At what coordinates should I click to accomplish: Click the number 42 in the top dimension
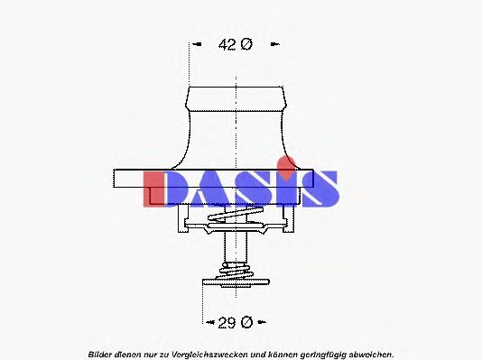pos(228,44)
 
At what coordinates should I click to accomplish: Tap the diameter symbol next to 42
pos(246,44)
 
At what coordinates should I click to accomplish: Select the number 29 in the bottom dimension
pos(227,321)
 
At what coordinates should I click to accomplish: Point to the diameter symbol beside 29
pos(247,321)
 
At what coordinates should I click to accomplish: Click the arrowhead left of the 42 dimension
pos(193,44)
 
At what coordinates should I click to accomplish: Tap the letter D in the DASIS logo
pos(165,189)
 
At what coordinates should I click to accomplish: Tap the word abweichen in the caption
pos(366,354)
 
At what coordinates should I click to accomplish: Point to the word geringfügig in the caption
pos(314,354)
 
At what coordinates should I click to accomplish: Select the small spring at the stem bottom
pos(236,273)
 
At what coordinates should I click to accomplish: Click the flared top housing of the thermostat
pos(236,126)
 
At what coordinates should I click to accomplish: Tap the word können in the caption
pos(273,354)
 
